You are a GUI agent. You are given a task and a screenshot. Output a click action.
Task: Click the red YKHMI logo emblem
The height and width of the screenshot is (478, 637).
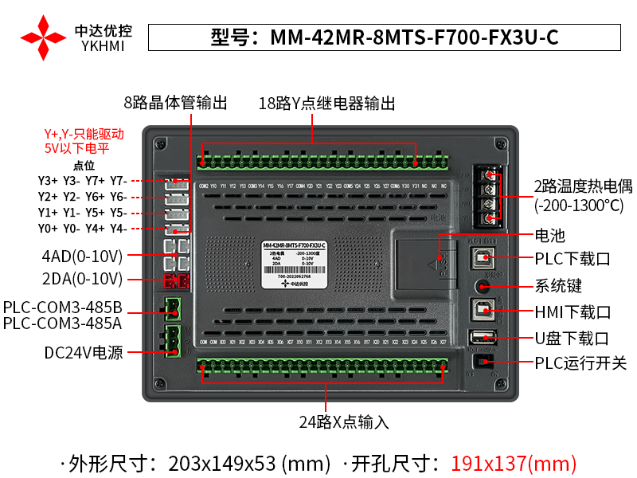pyautogui.click(x=43, y=37)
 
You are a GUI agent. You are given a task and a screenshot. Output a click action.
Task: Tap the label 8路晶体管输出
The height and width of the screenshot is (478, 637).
pyautogui.click(x=175, y=103)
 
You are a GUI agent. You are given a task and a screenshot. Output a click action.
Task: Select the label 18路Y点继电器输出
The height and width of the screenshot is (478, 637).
pyautogui.click(x=326, y=104)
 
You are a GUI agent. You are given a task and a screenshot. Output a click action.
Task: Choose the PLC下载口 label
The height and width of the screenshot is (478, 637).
pyautogui.click(x=572, y=259)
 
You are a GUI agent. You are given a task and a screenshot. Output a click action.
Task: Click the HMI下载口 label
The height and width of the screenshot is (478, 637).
pyautogui.click(x=573, y=311)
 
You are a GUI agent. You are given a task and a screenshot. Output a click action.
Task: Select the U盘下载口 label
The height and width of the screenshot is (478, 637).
pyautogui.click(x=572, y=338)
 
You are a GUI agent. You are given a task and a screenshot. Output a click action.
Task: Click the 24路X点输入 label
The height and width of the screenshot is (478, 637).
pyautogui.click(x=344, y=422)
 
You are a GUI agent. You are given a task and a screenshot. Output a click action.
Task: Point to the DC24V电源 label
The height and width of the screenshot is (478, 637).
pyautogui.click(x=84, y=352)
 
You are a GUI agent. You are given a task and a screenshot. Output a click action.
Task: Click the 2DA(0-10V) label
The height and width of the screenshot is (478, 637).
pyautogui.click(x=82, y=279)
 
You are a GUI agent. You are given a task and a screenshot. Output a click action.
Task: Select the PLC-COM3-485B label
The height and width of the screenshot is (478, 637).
pyautogui.click(x=62, y=308)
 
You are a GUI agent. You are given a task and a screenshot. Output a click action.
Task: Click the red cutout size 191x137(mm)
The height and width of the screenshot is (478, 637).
pyautogui.click(x=514, y=462)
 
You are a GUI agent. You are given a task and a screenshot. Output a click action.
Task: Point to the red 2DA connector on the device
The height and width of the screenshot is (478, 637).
pyautogui.click(x=176, y=280)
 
